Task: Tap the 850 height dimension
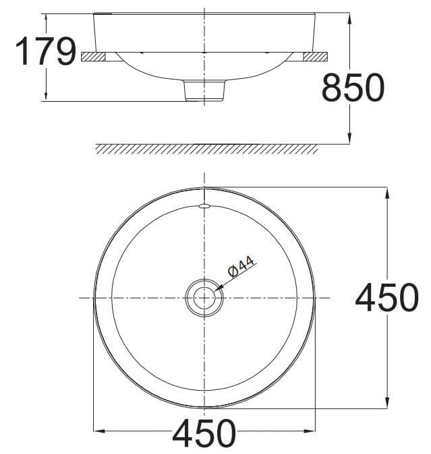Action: click(353, 88)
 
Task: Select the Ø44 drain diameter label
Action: click(241, 267)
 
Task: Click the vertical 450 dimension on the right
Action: click(386, 298)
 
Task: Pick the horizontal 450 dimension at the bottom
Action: click(204, 433)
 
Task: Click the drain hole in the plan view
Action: click(204, 298)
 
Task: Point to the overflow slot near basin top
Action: click(204, 205)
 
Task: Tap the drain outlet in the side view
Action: click(204, 91)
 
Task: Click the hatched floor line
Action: click(206, 148)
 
